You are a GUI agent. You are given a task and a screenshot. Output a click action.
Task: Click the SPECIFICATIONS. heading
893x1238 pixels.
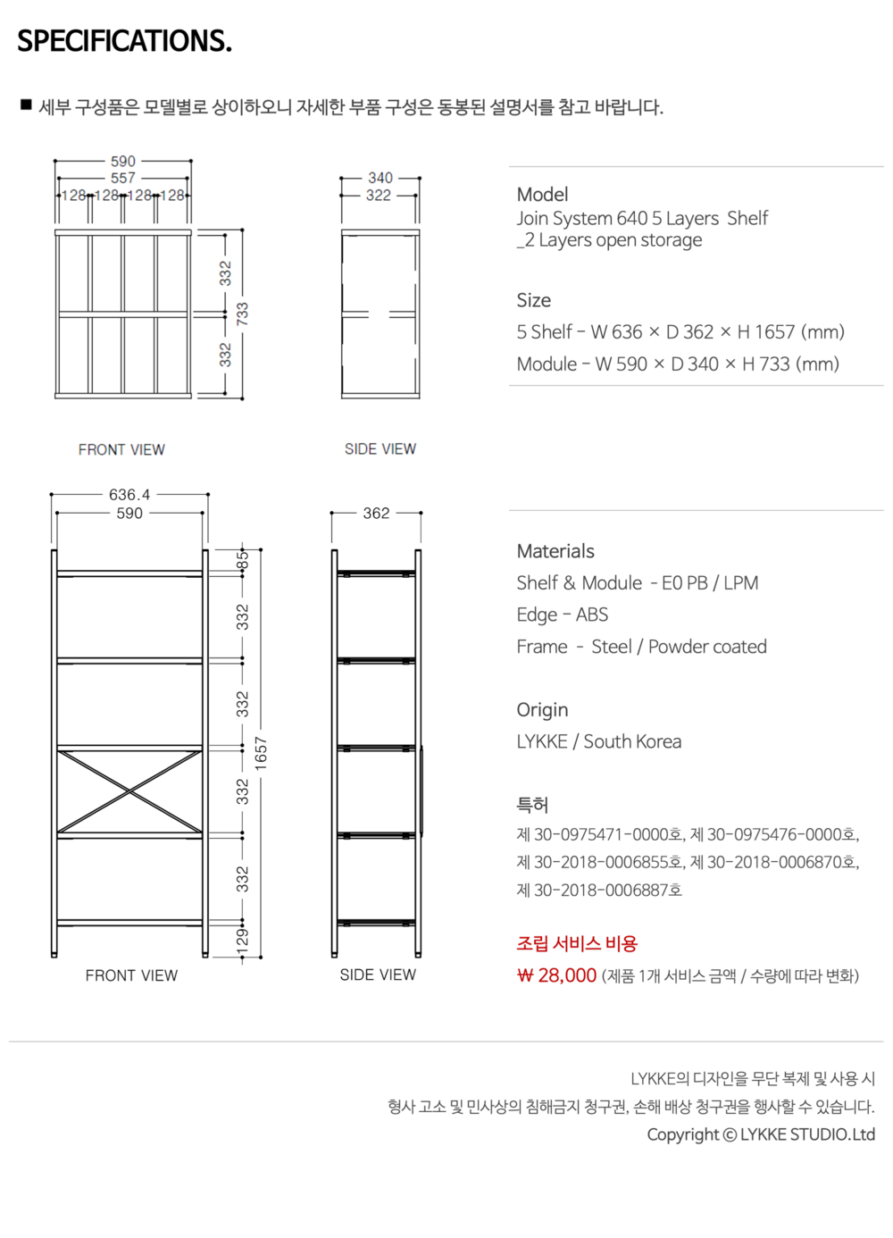coord(124,41)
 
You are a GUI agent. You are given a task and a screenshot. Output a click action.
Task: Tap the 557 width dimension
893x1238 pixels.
coord(123,178)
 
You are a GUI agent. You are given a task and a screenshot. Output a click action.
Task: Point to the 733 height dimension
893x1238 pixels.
coord(242,314)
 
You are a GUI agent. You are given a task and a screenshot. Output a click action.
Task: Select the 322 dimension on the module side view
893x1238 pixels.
coord(379,195)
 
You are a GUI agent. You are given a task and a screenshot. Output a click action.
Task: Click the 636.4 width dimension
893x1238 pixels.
coord(129,494)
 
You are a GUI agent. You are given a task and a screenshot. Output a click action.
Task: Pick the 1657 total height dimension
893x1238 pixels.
coord(261,753)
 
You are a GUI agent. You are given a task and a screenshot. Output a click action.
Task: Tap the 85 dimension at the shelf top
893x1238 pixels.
coord(242,560)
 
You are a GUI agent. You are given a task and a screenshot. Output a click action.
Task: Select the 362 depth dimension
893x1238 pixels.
coord(376,513)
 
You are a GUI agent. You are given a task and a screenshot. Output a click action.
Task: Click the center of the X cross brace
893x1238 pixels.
coord(130,792)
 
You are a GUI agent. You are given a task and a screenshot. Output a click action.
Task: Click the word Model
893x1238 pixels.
coord(542,194)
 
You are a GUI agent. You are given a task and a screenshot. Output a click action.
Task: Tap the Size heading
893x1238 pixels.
coord(533,300)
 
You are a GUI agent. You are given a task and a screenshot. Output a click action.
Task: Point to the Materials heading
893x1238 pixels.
coord(555,551)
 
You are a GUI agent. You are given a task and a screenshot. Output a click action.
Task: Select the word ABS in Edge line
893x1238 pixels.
coord(592,615)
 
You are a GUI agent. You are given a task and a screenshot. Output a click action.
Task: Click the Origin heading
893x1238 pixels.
coord(542,710)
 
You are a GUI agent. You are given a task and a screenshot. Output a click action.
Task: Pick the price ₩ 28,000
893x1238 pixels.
coord(556,975)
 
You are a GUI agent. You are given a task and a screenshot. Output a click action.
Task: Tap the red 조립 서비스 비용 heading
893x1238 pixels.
coord(577,943)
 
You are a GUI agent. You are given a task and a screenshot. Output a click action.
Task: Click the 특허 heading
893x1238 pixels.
coord(532,805)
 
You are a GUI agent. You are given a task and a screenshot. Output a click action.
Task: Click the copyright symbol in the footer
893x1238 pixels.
coord(730,1135)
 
